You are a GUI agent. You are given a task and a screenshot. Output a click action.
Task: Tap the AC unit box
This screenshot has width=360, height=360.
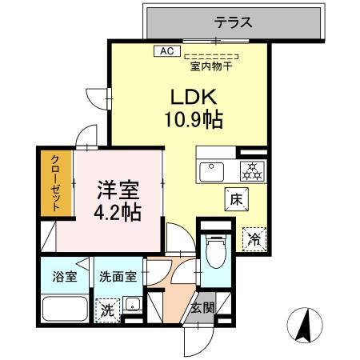[x=166, y=50]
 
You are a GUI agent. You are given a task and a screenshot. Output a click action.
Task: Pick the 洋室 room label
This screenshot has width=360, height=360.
[x=118, y=192]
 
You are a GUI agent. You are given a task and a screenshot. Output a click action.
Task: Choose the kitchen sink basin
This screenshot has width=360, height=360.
[x=214, y=170]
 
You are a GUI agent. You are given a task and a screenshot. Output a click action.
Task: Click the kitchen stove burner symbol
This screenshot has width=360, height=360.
[x=250, y=170]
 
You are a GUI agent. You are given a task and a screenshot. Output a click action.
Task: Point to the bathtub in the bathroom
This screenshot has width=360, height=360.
[x=64, y=310]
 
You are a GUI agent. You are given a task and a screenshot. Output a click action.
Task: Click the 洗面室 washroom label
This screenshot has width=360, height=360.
[x=117, y=278]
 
